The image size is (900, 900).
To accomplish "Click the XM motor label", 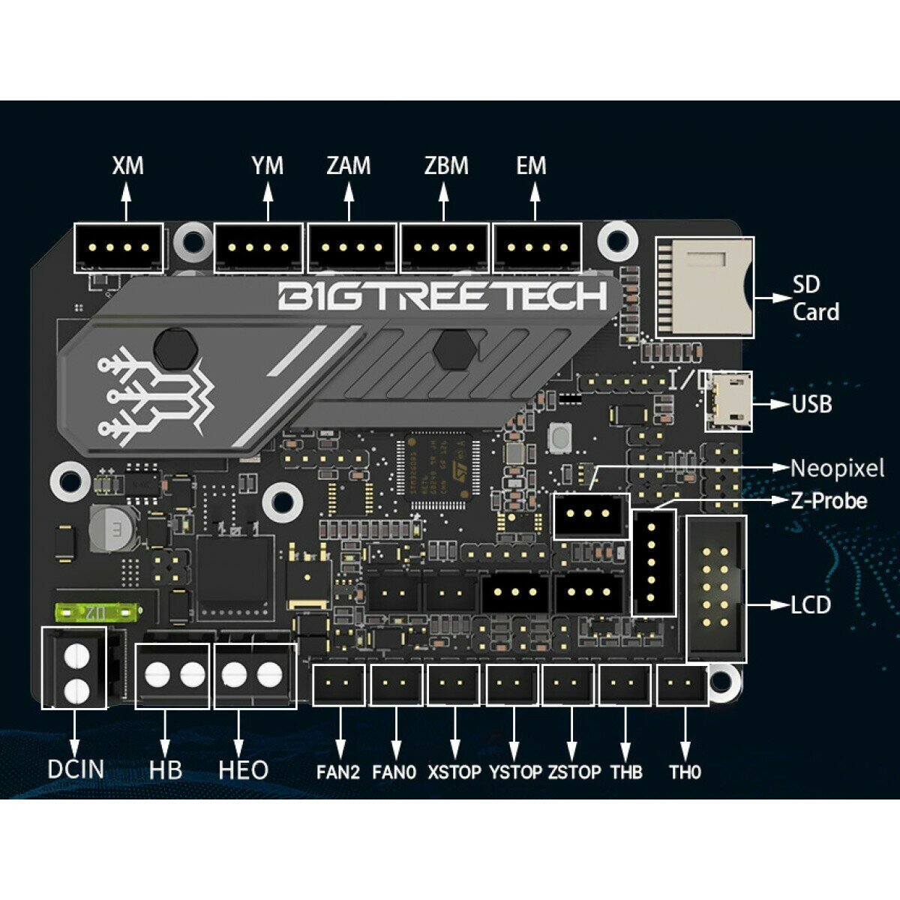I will (x=127, y=165).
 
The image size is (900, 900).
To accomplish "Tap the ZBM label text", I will (x=446, y=165).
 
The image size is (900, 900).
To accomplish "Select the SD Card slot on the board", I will (x=704, y=288).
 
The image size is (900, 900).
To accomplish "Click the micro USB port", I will (x=727, y=401).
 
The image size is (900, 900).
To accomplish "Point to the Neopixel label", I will (x=837, y=469).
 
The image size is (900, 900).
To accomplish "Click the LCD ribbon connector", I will (x=716, y=589).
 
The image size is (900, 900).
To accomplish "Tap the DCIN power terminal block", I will (x=74, y=667).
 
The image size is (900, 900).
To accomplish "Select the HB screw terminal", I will (x=172, y=675).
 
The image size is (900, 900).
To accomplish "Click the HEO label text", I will (x=243, y=770).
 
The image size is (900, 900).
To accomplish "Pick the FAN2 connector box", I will (x=338, y=685).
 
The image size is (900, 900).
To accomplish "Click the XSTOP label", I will (x=454, y=772).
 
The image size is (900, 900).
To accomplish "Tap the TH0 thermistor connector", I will (x=682, y=685).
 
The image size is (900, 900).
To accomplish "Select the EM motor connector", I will (x=538, y=247).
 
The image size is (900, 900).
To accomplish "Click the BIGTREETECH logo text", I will (x=442, y=296).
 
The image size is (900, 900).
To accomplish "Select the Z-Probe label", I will (x=829, y=500).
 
